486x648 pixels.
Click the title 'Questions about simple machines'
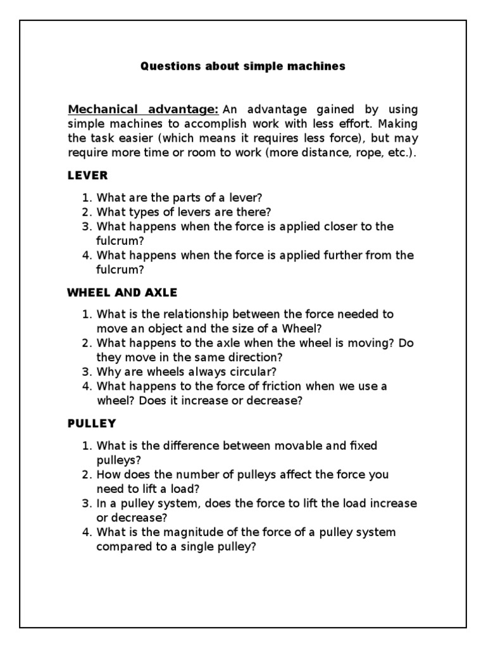243,66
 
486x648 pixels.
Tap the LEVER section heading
87,175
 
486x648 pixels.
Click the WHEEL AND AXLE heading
122,292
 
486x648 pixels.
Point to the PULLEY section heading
92,423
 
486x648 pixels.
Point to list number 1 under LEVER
87,197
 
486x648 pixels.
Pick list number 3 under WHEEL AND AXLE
87,372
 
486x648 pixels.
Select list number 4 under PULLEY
87,533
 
